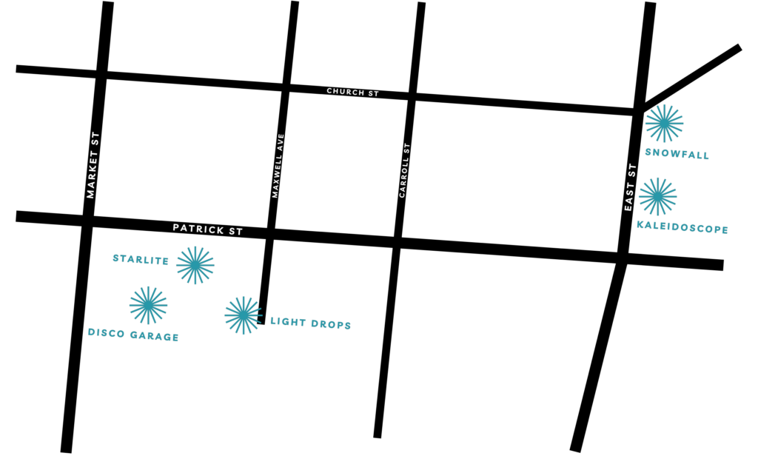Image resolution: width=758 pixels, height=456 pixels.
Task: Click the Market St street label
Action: (x=92, y=165)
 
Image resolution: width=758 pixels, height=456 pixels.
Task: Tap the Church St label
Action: (x=352, y=93)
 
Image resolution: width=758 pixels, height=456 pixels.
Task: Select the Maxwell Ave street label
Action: (x=278, y=165)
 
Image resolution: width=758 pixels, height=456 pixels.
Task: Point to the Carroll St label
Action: (x=404, y=170)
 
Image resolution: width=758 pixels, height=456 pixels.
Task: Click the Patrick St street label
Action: (x=208, y=229)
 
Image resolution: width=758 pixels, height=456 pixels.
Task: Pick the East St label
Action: (x=630, y=187)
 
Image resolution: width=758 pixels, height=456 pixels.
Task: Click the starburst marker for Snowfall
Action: (x=664, y=123)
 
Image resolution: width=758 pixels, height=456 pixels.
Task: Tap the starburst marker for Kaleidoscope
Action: (x=657, y=196)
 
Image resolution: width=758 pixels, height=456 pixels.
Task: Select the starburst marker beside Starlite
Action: (x=195, y=265)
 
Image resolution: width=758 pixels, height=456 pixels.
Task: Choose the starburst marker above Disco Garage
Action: (x=148, y=305)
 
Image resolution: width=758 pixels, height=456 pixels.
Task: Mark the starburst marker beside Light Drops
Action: (x=243, y=315)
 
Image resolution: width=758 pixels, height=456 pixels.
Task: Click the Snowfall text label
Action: (x=677, y=154)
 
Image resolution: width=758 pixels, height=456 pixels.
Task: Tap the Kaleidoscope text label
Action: (x=682, y=227)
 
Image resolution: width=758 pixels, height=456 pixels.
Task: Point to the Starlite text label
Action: (x=141, y=260)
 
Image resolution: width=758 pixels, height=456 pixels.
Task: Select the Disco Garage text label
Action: (x=133, y=335)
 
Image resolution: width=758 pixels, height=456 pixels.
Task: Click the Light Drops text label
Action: (x=310, y=323)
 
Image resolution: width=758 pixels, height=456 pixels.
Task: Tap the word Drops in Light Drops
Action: (x=329, y=324)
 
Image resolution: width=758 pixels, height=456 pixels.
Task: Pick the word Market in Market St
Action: (x=92, y=174)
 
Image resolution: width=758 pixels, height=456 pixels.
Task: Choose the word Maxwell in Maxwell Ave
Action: (x=277, y=176)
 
